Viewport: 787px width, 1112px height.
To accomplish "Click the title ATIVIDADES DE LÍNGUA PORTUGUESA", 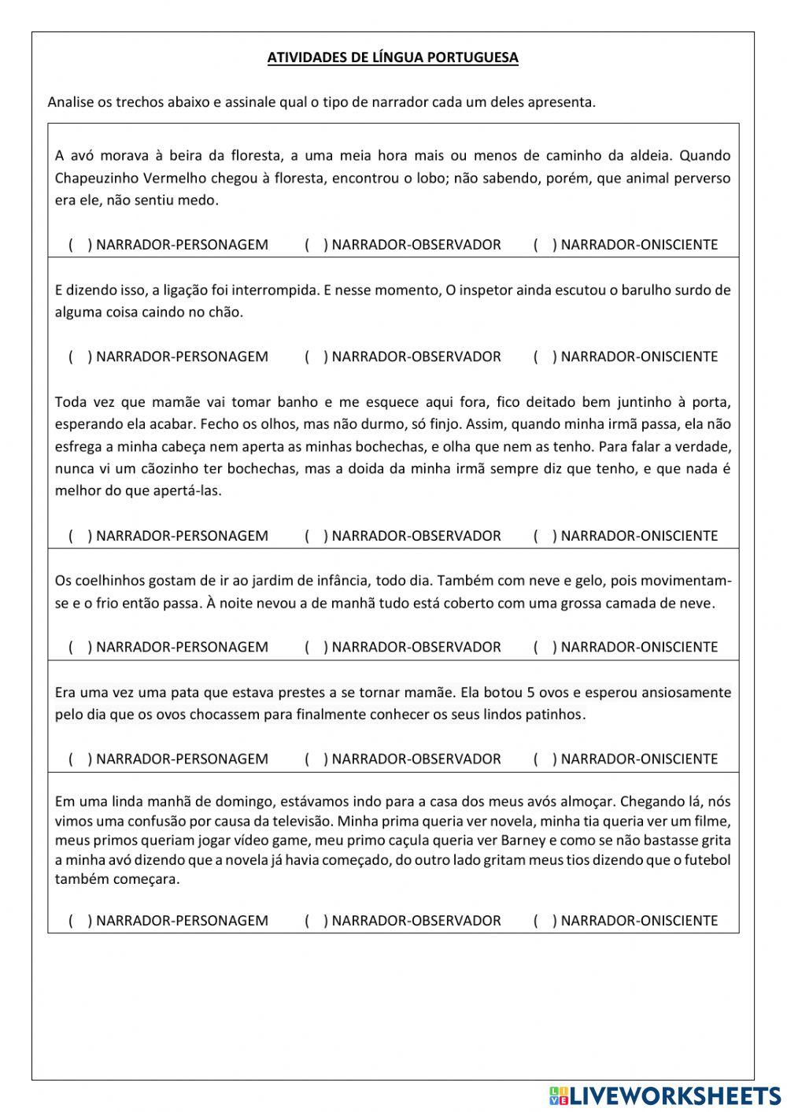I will point(393,57).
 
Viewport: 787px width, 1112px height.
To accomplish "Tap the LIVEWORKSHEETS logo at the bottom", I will point(665,1095).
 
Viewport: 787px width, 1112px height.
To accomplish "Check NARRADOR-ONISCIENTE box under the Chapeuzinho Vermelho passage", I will point(544,245).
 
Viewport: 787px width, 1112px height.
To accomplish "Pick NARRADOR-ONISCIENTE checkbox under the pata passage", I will point(544,759).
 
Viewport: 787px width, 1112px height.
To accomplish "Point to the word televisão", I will point(295,821).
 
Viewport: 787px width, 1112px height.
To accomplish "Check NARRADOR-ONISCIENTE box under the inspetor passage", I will point(544,357).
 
